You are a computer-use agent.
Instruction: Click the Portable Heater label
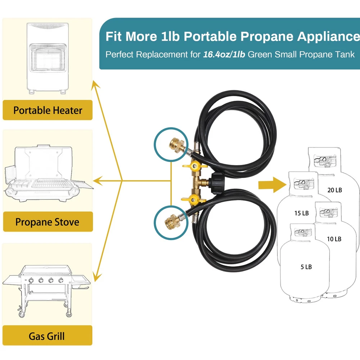[x=48, y=110]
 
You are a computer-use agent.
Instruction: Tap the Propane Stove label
[x=48, y=221]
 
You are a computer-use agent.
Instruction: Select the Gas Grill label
[x=47, y=336]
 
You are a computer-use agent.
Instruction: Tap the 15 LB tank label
[x=301, y=213]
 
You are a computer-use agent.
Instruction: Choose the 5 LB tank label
[x=306, y=267]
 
